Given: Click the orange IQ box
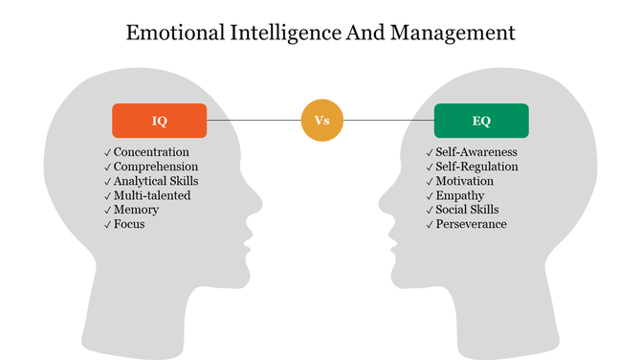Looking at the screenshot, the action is (159, 121).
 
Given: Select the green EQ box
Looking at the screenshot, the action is (481, 121).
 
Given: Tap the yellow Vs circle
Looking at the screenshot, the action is (321, 121).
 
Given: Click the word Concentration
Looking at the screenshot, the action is (151, 152).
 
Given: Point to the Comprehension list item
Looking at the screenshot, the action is (156, 167).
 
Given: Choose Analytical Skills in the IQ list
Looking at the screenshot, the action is (156, 181).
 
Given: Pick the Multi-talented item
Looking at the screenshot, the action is (152, 195).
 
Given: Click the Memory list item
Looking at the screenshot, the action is (136, 210).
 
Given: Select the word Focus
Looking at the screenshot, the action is (129, 224).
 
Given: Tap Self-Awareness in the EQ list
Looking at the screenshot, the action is (476, 152).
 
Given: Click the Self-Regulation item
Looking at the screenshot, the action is (477, 167).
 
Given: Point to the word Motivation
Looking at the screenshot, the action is (465, 181).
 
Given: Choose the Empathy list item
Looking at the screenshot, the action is (459, 195).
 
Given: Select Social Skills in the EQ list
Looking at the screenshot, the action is (468, 210).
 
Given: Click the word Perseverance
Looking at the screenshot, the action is (472, 224).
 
